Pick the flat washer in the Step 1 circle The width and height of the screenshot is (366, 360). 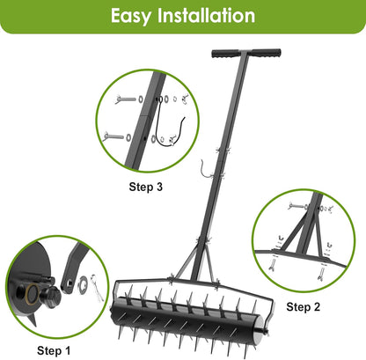point(78,283)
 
